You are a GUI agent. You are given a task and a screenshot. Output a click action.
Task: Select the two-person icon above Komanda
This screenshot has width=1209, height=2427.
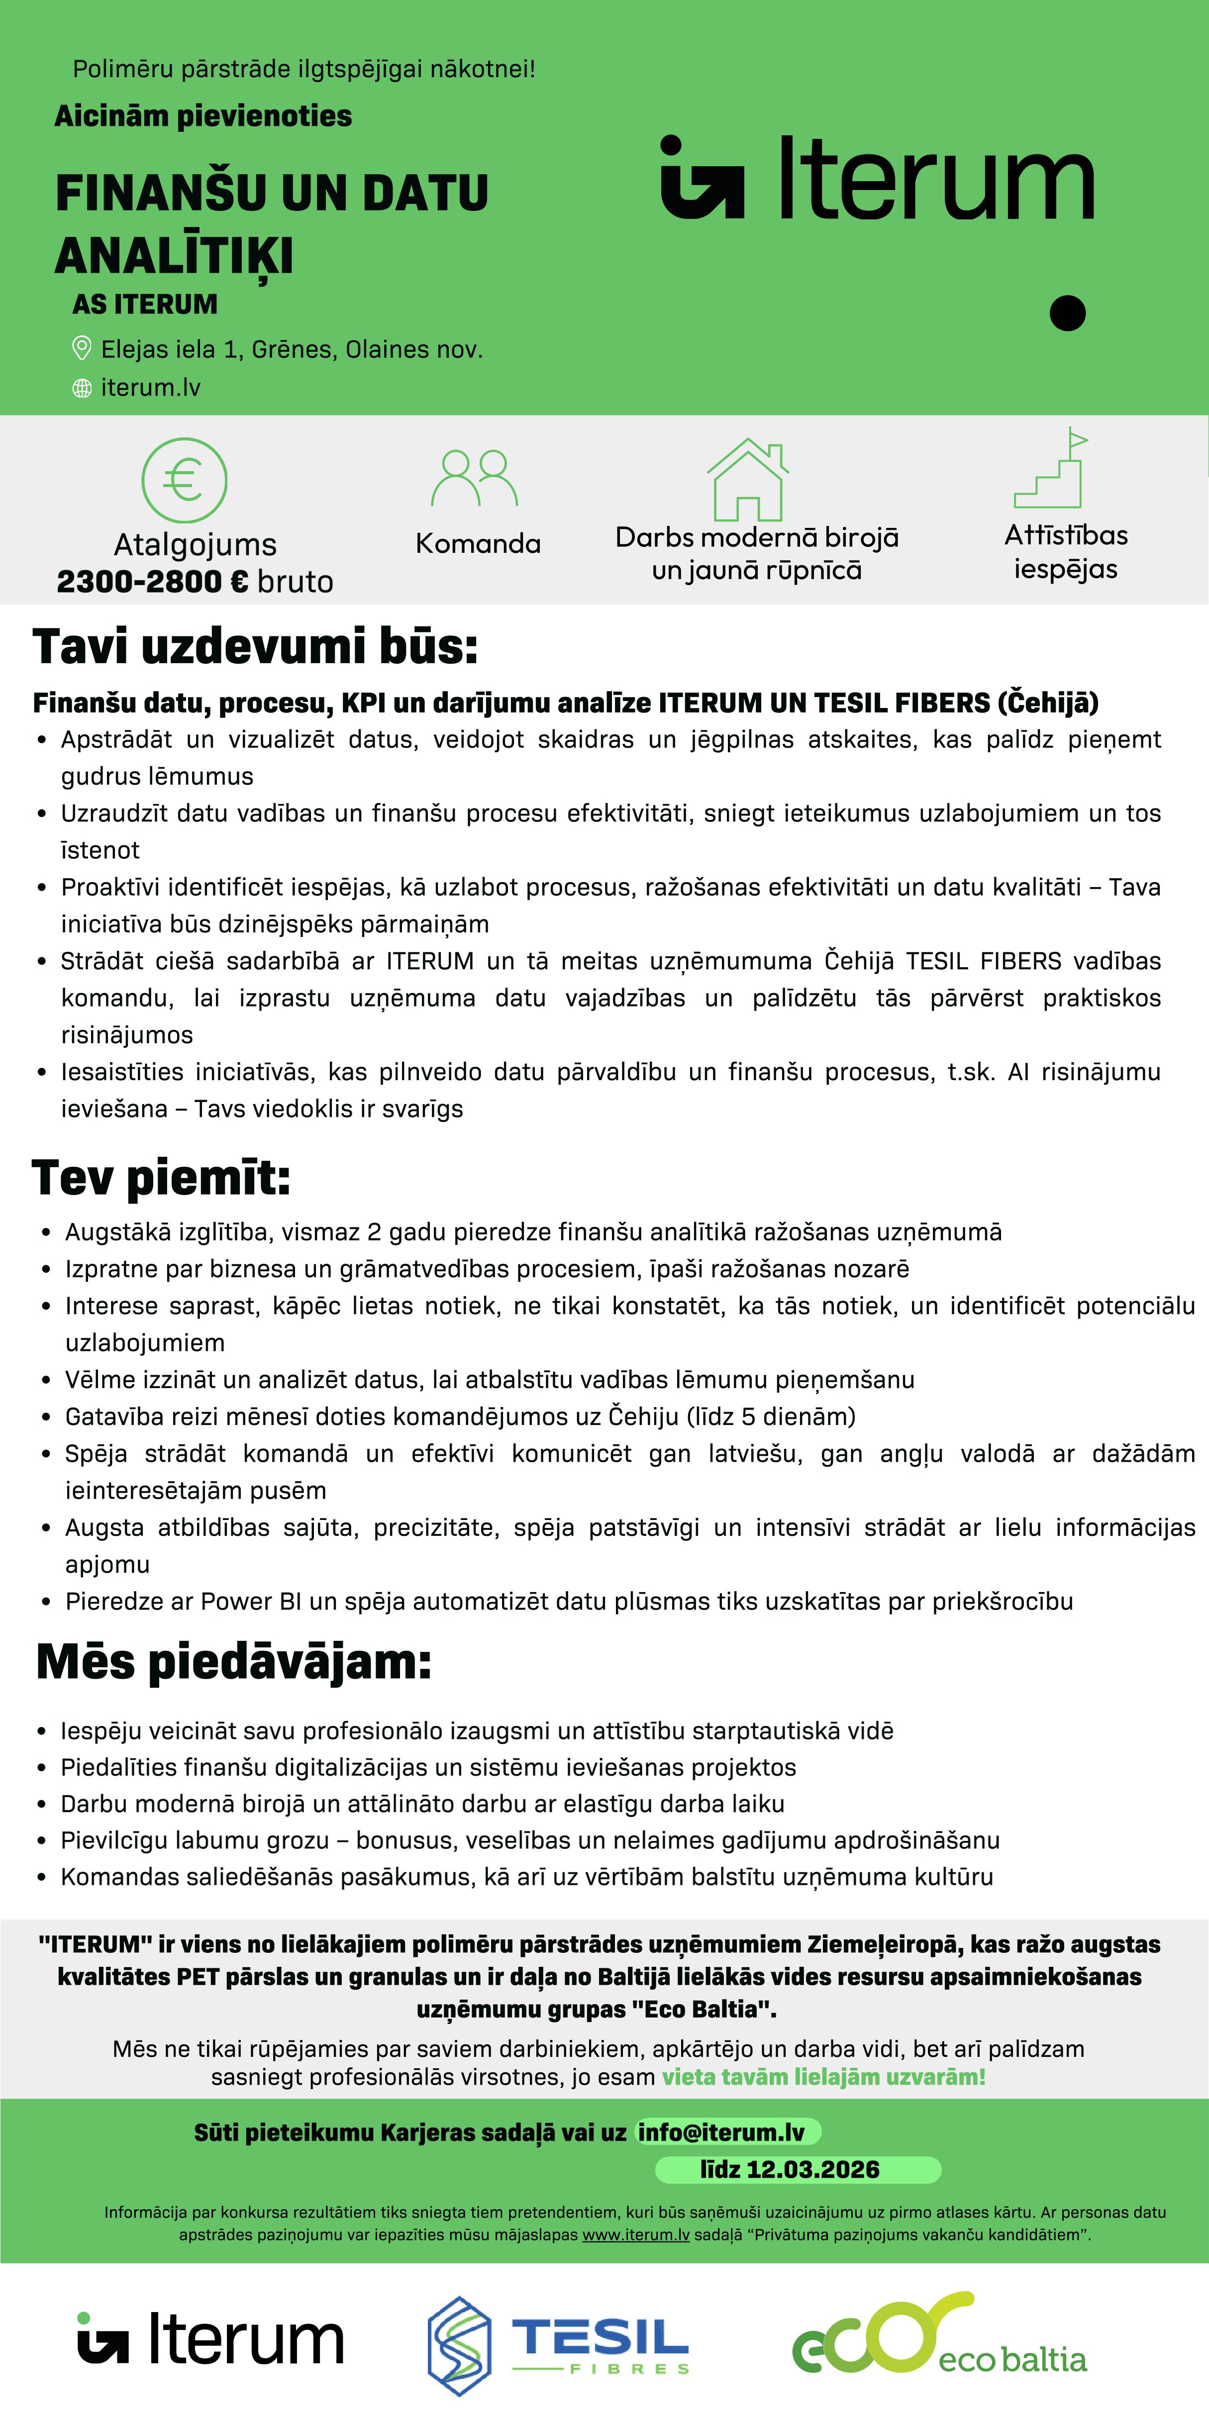pyautogui.click(x=475, y=478)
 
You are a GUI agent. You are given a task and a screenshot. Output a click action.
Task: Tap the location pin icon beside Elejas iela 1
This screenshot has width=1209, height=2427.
pyautogui.click(x=82, y=349)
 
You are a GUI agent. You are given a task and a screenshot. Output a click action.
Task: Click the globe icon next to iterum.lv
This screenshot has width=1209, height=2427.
pyautogui.click(x=82, y=388)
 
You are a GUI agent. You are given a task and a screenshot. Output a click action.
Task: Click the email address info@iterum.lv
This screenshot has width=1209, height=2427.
pyautogui.click(x=722, y=2132)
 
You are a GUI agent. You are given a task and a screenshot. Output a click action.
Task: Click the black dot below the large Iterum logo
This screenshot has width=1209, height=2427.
pyautogui.click(x=1068, y=313)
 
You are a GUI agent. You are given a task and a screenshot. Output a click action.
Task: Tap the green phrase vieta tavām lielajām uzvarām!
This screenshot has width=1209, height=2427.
pyautogui.click(x=823, y=2077)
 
